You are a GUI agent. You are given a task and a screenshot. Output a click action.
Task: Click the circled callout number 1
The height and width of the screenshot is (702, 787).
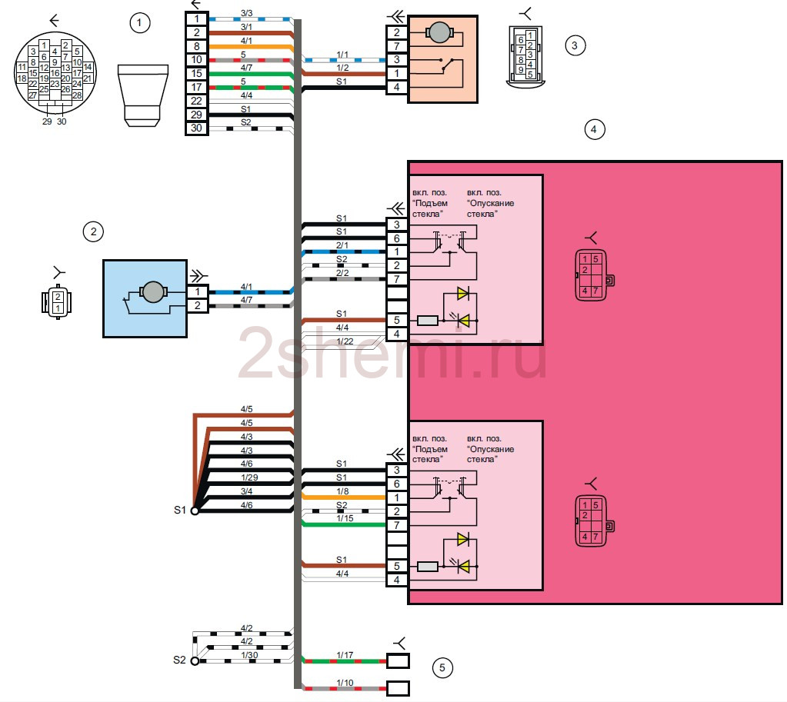point(139,24)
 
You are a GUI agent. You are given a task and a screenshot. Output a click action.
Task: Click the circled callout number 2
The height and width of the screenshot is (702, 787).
point(92,231)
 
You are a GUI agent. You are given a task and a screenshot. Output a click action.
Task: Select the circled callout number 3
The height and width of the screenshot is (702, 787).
point(574,45)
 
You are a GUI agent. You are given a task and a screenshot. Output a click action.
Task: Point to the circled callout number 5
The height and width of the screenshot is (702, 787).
point(442,667)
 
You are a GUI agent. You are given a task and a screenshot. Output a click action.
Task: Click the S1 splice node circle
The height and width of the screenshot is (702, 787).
point(195,511)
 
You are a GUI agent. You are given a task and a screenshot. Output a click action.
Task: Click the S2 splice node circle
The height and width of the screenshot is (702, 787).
point(195,660)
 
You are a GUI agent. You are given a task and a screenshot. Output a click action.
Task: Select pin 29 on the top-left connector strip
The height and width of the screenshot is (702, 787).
point(196,115)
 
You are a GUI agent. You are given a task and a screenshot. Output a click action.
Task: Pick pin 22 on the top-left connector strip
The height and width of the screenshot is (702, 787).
point(196,101)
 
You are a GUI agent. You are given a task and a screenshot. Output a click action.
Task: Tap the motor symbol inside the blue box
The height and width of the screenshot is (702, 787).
point(152,291)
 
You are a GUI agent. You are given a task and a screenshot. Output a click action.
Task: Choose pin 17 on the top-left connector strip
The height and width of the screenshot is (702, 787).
point(196,87)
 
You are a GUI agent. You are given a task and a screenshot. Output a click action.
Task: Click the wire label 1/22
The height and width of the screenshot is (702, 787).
point(344,341)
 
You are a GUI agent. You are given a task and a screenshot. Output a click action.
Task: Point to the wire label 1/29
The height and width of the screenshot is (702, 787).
point(248,477)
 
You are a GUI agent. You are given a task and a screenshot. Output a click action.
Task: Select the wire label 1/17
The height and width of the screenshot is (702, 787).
point(344,655)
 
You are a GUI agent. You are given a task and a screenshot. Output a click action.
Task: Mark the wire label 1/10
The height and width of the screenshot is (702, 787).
point(344,681)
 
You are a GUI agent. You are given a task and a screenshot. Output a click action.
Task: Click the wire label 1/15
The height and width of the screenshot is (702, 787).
point(344,519)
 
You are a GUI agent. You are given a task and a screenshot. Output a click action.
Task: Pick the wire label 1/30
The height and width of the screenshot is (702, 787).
point(248,655)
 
